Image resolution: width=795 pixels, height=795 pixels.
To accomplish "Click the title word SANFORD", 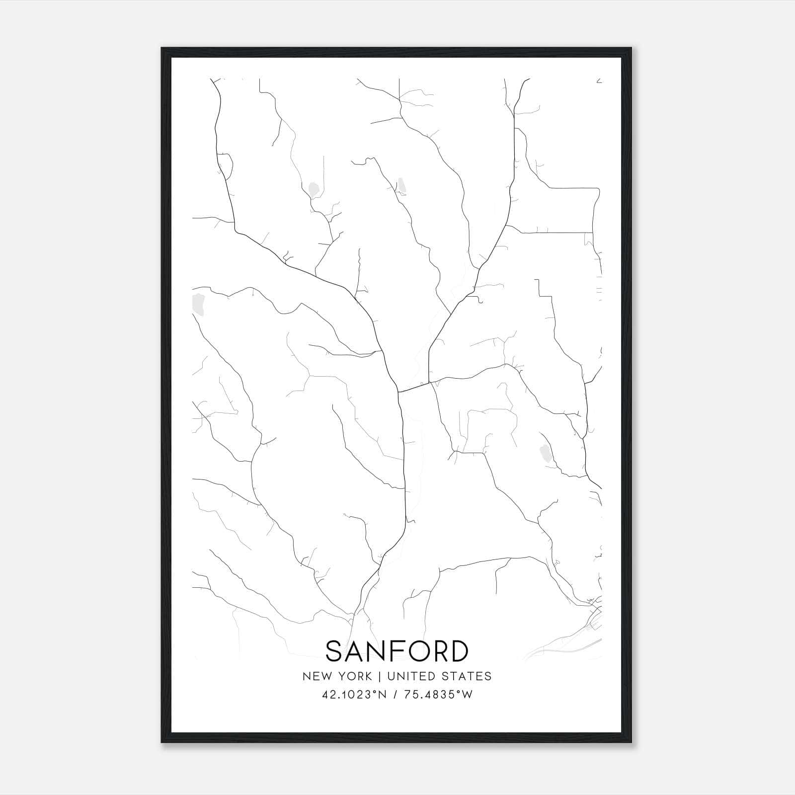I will coord(397,651).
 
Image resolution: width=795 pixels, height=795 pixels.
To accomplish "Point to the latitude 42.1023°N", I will coord(354,695).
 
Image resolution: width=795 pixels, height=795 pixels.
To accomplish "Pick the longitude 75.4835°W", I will coord(438,695).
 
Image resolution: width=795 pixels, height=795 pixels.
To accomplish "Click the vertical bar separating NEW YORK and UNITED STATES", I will coord(380,676).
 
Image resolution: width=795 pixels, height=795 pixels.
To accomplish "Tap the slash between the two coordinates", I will coord(396,695).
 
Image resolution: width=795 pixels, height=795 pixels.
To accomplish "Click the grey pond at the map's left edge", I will coord(199,304).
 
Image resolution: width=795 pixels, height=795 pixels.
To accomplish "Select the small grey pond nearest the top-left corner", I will coord(314,189).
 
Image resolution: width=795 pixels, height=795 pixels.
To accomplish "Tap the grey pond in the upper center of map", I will coord(401,186).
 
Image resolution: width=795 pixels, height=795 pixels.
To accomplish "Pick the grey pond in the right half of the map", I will coord(545,453).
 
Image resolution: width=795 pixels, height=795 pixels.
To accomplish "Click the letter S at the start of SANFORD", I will coord(336,651).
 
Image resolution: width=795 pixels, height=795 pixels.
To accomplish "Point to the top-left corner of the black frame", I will coord(162,49).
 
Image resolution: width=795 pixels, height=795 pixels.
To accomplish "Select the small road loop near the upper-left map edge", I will coord(225,166).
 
